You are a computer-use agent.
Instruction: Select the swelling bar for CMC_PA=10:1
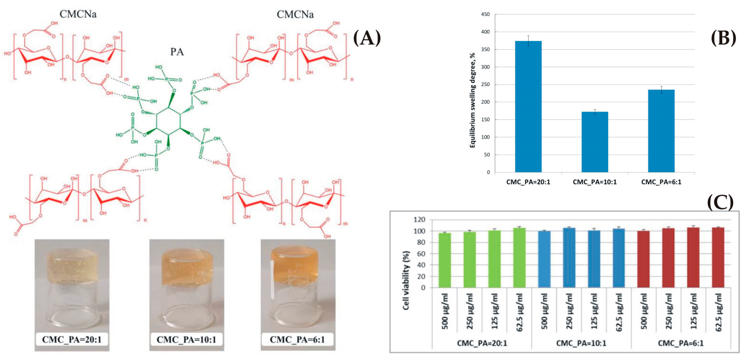click(x=595, y=142)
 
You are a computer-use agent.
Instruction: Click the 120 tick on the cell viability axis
click(x=419, y=220)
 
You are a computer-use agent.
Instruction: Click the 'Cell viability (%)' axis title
click(x=406, y=280)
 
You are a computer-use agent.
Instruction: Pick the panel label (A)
click(x=367, y=38)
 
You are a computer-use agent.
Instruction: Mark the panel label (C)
click(x=720, y=203)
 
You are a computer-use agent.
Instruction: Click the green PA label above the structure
click(x=177, y=52)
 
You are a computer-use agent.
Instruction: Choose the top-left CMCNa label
click(x=78, y=14)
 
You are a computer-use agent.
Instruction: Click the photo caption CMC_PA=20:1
click(x=72, y=339)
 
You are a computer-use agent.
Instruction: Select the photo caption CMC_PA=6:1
click(x=297, y=339)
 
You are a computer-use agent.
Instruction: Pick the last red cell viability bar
click(x=718, y=257)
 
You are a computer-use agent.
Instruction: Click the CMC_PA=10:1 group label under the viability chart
click(x=581, y=343)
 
